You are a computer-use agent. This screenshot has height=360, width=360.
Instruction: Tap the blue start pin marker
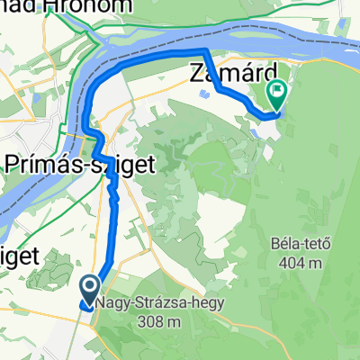click(92, 290)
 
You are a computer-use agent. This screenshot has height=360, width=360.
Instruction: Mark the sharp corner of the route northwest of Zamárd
click(207, 50)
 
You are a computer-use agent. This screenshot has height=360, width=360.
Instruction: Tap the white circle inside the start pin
click(92, 287)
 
